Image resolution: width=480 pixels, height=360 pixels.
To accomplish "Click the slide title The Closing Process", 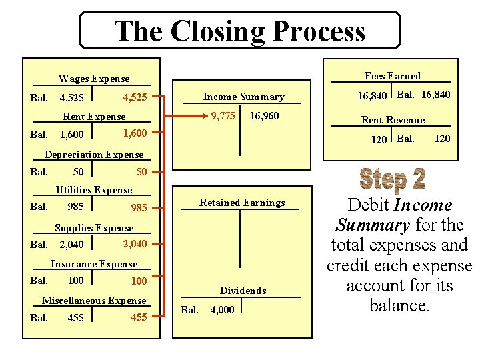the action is (240, 31).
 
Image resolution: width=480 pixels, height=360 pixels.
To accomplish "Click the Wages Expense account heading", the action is (94, 79).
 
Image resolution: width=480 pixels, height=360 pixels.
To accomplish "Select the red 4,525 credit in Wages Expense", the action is (135, 97).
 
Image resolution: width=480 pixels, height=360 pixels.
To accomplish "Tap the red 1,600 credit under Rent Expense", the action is (135, 133).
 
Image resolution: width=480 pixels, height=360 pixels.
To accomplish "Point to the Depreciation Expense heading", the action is (94, 155).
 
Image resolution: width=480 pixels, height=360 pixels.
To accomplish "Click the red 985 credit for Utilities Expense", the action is (139, 208).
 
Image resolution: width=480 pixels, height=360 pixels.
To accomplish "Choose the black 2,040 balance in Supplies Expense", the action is (71, 245).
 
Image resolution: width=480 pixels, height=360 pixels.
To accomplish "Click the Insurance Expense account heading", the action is (94, 264).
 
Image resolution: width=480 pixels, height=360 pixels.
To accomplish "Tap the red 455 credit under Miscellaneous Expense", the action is (139, 317).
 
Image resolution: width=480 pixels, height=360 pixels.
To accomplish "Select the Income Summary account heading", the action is (243, 97).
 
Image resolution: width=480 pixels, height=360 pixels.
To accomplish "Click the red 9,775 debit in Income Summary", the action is (223, 116).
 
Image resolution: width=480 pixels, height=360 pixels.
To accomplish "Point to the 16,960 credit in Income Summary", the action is (264, 116).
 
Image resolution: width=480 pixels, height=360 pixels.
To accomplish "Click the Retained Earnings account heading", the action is (242, 203).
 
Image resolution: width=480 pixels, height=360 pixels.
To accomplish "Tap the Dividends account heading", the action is (243, 291).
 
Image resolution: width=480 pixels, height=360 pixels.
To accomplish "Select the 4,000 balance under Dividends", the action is (222, 310).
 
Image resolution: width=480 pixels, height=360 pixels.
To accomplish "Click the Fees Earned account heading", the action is (393, 76).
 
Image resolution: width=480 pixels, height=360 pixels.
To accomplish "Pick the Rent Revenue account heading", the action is (393, 120).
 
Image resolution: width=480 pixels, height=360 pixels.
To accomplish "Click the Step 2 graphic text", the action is (392, 179).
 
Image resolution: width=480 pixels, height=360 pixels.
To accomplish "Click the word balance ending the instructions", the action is (398, 306).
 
